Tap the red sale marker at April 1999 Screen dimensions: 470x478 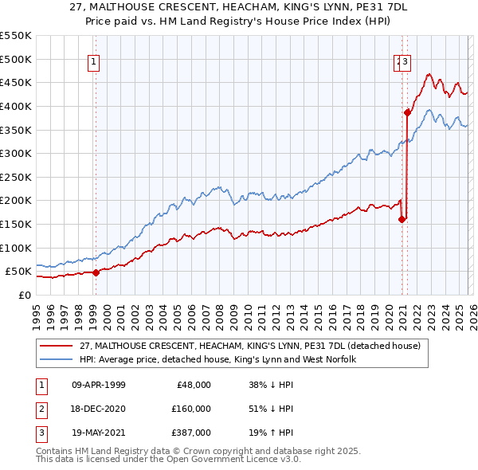[96, 272]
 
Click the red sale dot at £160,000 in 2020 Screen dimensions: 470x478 [402, 219]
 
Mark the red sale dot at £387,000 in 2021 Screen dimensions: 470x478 [407, 112]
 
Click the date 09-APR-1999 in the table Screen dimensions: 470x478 [99, 385]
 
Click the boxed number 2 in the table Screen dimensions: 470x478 [40, 409]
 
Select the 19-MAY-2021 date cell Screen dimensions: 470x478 [99, 433]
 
